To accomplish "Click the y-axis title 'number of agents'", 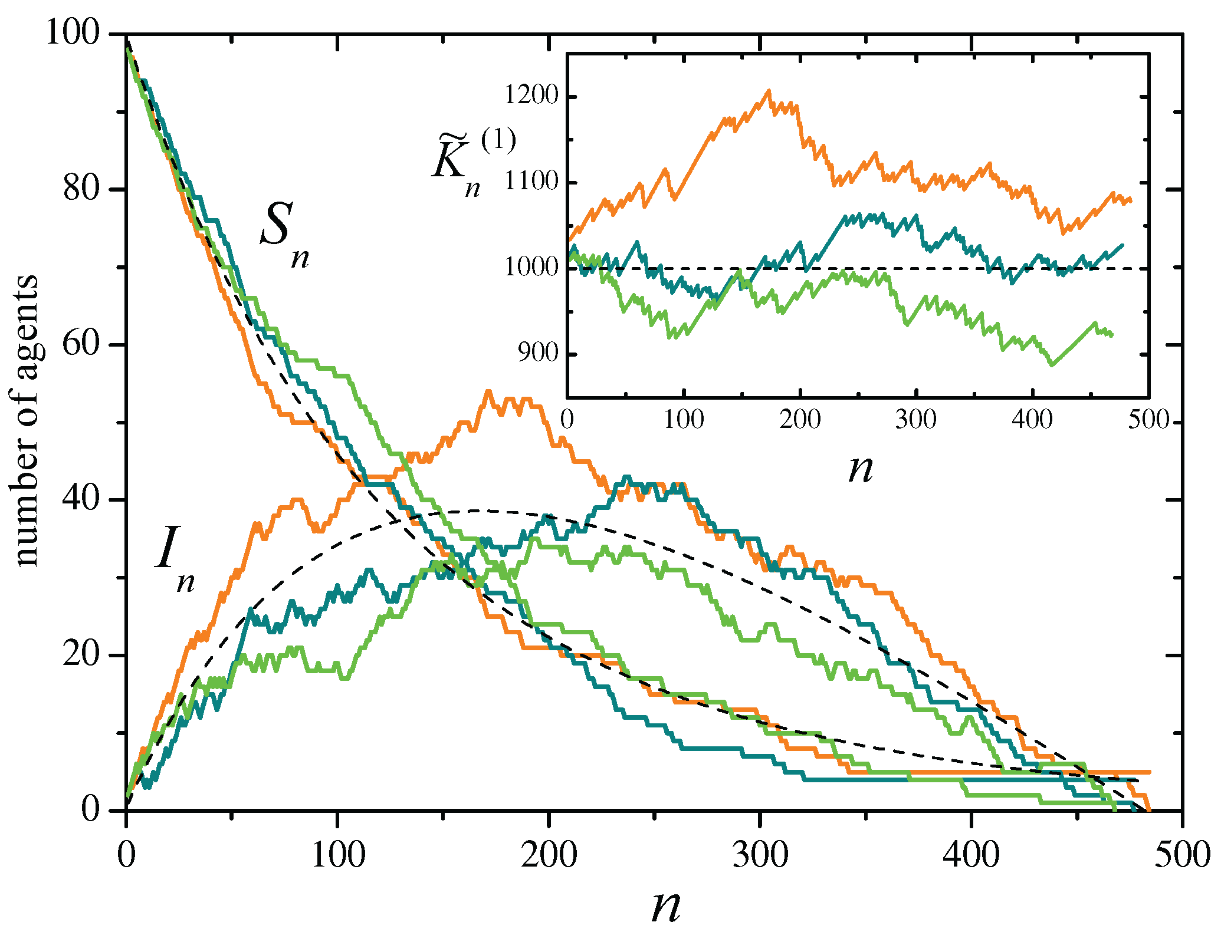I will (27, 421).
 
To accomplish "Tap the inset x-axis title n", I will (860, 469).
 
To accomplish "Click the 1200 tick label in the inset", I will (531, 96).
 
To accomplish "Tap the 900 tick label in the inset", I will (537, 354).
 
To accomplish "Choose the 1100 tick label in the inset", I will (531, 182).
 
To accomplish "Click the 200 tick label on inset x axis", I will (800, 420).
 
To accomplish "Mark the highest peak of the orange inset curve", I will (769, 91).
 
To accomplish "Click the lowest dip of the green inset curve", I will (1052, 365).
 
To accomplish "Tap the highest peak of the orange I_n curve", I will (488, 391).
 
